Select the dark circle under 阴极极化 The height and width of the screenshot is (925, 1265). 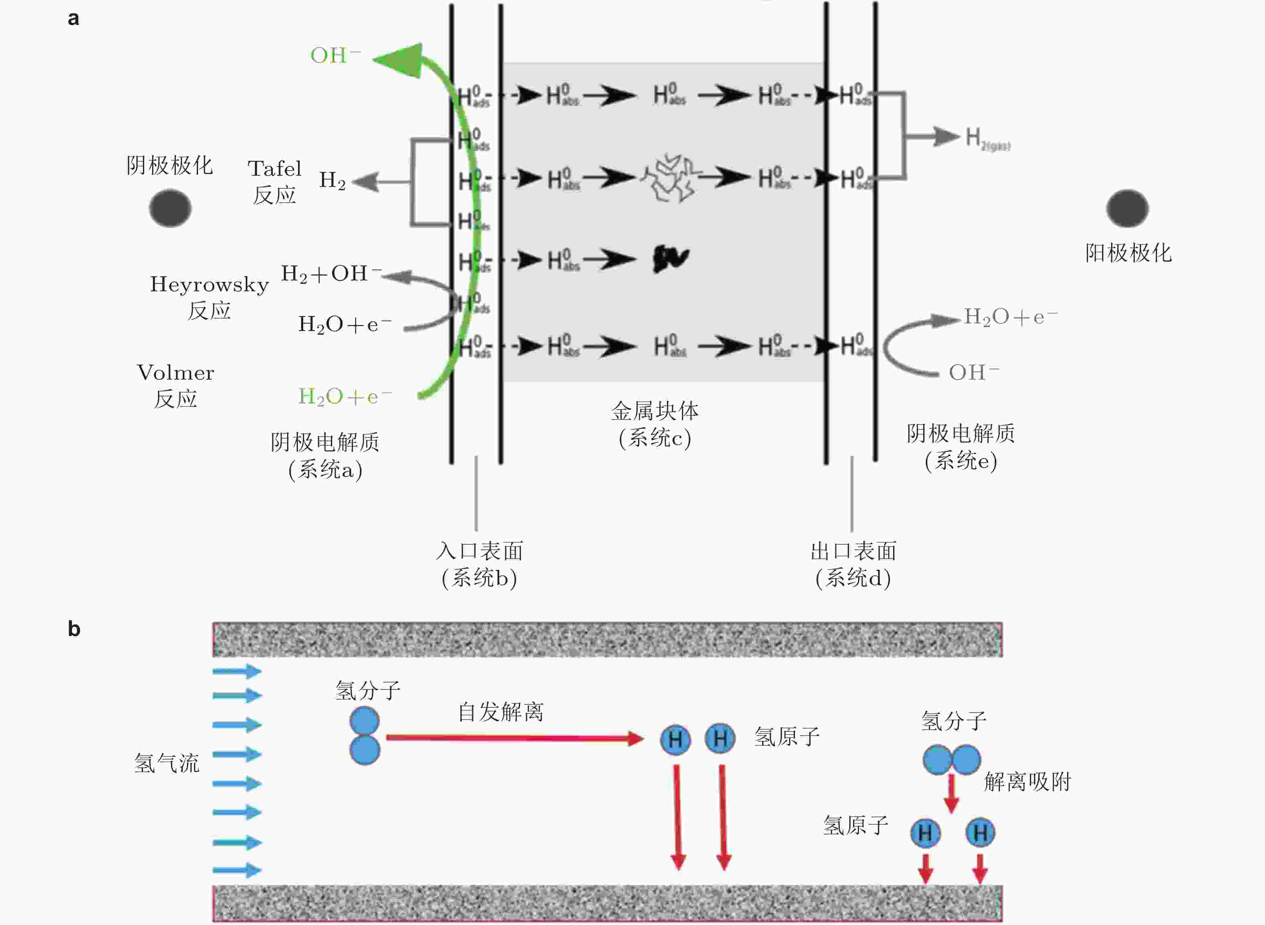click(170, 208)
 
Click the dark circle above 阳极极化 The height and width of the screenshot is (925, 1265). click(1127, 208)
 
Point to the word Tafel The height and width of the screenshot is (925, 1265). click(275, 169)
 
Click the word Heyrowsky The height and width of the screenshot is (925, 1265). click(209, 285)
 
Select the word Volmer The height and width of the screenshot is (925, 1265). click(175, 373)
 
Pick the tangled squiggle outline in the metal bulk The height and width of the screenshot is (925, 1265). click(670, 178)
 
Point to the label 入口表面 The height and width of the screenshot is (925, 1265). click(479, 551)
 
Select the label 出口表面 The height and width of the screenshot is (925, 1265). click(853, 551)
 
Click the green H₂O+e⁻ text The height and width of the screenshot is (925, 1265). click(345, 397)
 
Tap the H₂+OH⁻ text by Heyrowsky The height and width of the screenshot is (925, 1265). click(331, 274)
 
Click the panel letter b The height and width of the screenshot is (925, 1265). click(74, 629)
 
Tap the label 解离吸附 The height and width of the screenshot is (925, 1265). click(1027, 782)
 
